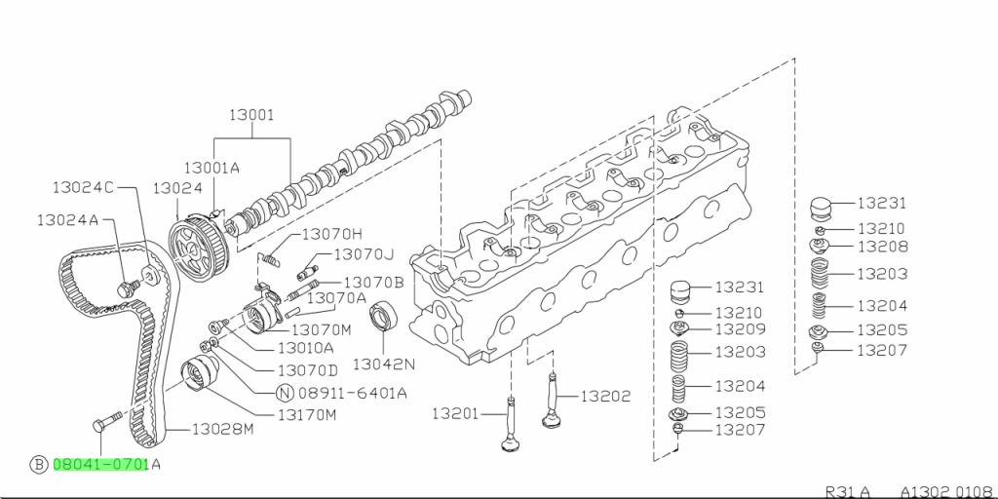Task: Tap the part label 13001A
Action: click(x=211, y=168)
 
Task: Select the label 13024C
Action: click(x=83, y=186)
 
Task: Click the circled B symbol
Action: click(x=39, y=465)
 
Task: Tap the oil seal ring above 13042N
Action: click(x=382, y=317)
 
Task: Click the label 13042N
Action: click(x=383, y=365)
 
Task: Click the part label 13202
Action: click(x=606, y=397)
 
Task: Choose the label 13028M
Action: click(x=222, y=429)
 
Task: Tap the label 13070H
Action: click(x=331, y=234)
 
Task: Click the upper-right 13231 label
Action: click(x=882, y=204)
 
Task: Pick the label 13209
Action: click(x=740, y=329)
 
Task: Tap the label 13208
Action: click(x=882, y=247)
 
